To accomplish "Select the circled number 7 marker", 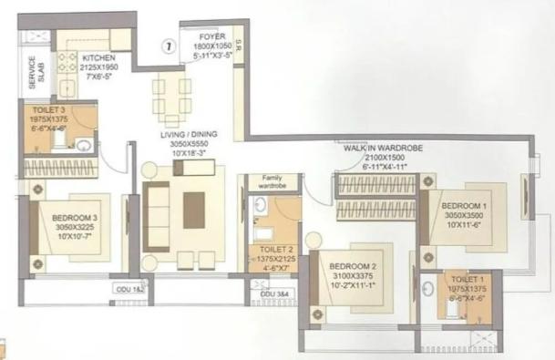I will pyautogui.click(x=168, y=44).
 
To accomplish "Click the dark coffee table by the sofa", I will pyautogui.click(x=194, y=210).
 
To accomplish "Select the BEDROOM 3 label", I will pyautogui.click(x=75, y=217).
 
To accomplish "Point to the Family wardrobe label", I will pyautogui.click(x=273, y=180).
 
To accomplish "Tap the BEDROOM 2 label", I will pyautogui.click(x=353, y=266).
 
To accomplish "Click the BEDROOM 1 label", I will pyautogui.click(x=464, y=206).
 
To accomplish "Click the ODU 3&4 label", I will pyautogui.click(x=272, y=295).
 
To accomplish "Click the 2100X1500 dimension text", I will pyautogui.click(x=377, y=157).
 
